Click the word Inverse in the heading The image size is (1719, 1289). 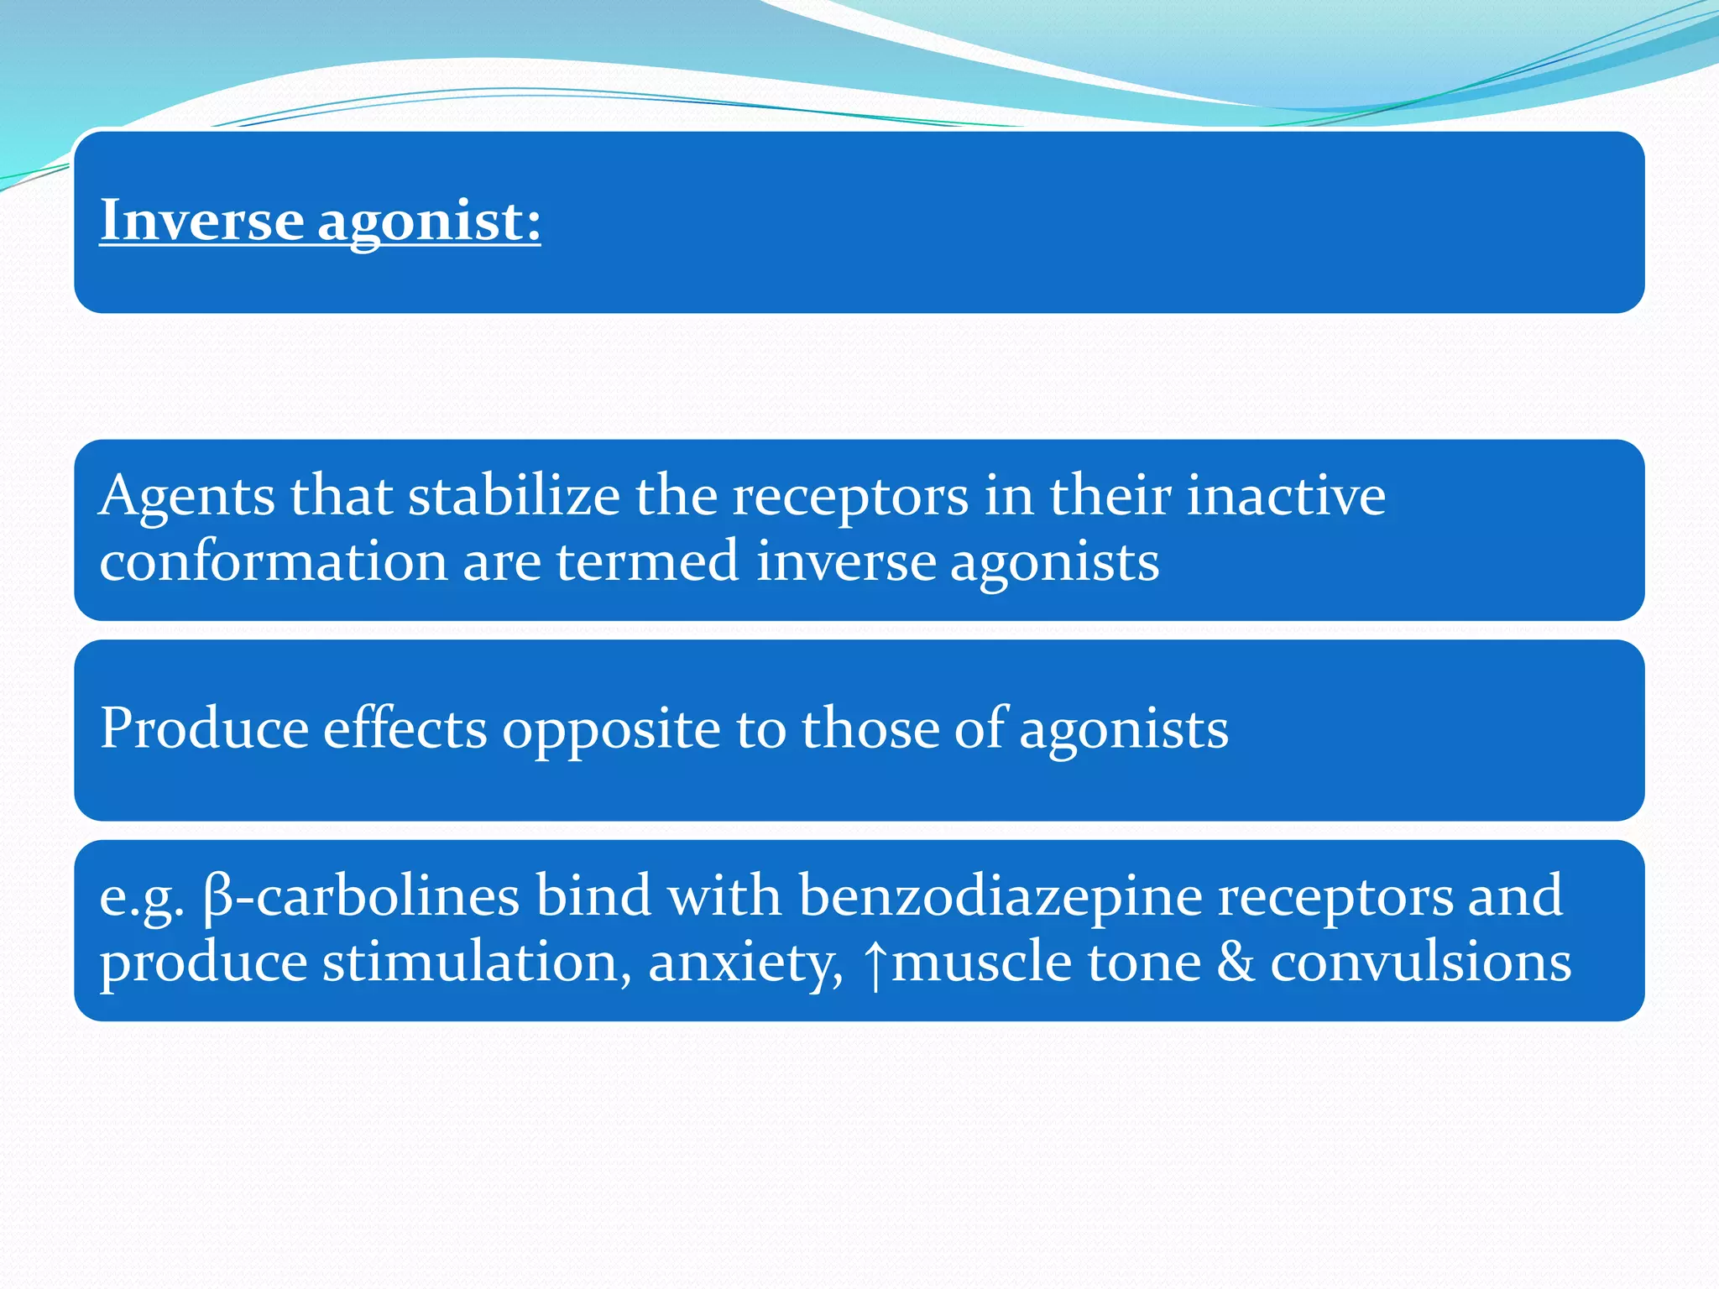pos(201,221)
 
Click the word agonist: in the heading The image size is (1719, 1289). pos(429,221)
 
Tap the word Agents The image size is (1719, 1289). pos(186,495)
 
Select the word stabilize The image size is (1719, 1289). pos(514,495)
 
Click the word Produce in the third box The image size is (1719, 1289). pos(204,728)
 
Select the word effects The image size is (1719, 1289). pos(405,728)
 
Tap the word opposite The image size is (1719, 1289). pos(611,728)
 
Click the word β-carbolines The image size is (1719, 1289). pos(361,895)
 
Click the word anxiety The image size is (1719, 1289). pos(745,962)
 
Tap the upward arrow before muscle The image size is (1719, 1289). pos(875,963)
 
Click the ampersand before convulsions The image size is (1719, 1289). pos(1236,962)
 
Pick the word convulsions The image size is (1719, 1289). pos(1420,962)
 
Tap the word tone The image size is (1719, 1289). pos(1144,962)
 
